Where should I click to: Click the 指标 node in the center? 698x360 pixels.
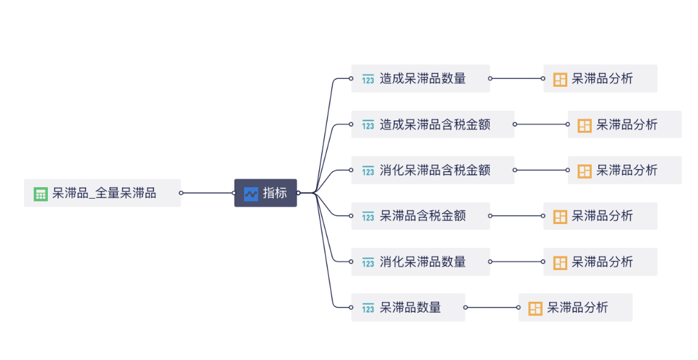coord(265,193)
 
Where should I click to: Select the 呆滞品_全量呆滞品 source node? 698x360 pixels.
coord(102,193)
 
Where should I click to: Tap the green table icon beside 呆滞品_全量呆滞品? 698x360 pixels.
coord(41,194)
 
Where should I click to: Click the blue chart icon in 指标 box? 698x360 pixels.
coord(251,194)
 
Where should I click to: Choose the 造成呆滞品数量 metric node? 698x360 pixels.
coord(421,78)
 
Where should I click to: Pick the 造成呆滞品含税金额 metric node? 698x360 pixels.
coord(433,124)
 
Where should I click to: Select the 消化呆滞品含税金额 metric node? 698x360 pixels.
coord(433,170)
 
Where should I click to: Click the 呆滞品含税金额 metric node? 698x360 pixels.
coord(421,216)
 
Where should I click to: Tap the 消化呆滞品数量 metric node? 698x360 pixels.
coord(421,262)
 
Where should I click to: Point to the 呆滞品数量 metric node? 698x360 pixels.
coord(409,308)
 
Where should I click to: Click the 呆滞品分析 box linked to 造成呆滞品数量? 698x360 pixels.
coord(600,78)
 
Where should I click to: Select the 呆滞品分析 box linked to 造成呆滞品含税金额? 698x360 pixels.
coord(625,124)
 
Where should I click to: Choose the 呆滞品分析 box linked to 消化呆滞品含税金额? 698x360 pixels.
coord(625,170)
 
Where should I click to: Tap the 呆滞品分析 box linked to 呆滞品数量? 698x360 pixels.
coord(576,308)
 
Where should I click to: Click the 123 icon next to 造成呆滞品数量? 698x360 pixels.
coord(368,80)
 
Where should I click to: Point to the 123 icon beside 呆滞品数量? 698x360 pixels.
coord(368,308)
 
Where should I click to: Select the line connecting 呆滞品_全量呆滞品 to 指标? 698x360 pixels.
coord(207,193)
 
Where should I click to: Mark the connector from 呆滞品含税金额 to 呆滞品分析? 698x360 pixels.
coord(517,216)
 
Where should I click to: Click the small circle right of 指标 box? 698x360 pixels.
coord(298,193)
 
